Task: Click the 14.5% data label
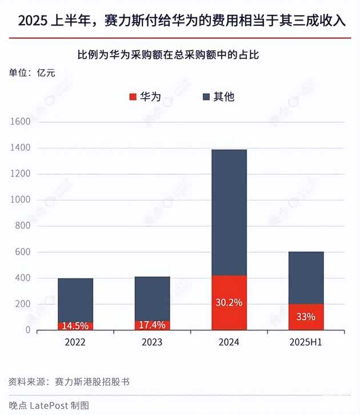pyautogui.click(x=75, y=326)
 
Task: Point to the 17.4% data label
pyautogui.click(x=152, y=325)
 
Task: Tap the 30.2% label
pyautogui.click(x=229, y=303)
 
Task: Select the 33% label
pyautogui.click(x=306, y=317)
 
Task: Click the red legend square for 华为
pyautogui.click(x=133, y=97)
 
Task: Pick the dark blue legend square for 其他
pyautogui.click(x=207, y=97)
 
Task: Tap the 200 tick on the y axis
pyautogui.click(x=23, y=304)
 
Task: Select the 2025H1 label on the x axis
pyautogui.click(x=306, y=343)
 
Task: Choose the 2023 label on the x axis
pyautogui.click(x=152, y=343)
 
